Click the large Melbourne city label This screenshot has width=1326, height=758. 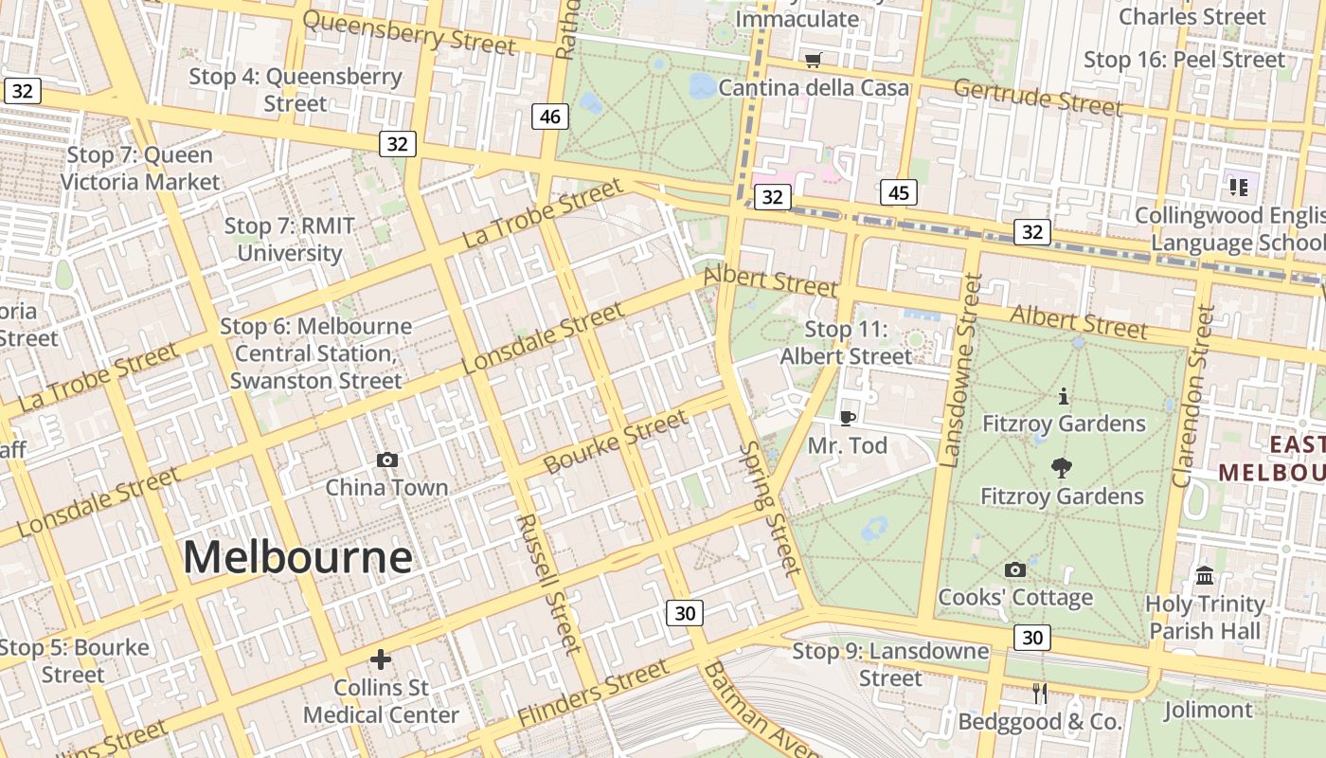tap(297, 557)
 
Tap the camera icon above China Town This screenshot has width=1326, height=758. tap(386, 460)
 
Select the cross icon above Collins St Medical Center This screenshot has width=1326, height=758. tap(381, 659)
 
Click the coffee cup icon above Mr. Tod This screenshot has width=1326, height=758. tap(848, 418)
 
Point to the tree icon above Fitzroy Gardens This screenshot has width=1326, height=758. tap(1062, 468)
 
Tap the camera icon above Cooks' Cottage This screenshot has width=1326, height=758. tap(1014, 569)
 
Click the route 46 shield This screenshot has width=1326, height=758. tap(549, 117)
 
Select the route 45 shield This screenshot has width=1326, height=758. tap(898, 193)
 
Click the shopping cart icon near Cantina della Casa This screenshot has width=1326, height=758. tap(813, 62)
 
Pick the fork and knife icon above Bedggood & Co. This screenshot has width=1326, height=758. tap(1040, 693)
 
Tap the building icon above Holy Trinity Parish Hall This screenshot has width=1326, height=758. tap(1205, 575)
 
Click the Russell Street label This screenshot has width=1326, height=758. tap(549, 584)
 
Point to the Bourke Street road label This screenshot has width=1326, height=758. tap(617, 442)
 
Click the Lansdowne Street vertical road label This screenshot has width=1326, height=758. tap(961, 370)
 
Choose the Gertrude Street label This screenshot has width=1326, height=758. tap(1037, 97)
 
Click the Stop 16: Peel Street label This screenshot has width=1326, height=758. tap(1184, 60)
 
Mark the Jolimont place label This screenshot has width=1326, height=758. tap(1208, 710)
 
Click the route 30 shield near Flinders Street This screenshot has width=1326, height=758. tap(684, 613)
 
